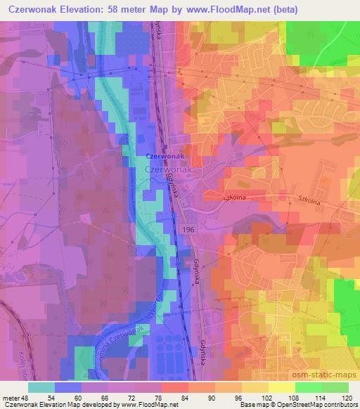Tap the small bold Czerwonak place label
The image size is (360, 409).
(165, 156)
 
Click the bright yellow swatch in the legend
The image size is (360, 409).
(281, 387)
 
